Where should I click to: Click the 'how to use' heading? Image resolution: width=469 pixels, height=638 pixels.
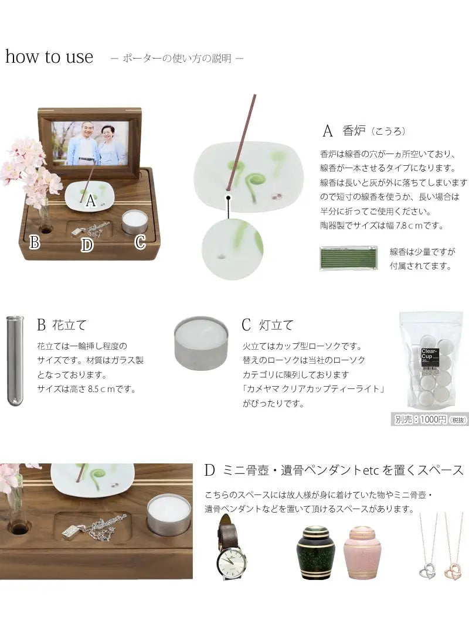click(x=49, y=57)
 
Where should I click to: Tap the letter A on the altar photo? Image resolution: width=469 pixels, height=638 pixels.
click(x=90, y=200)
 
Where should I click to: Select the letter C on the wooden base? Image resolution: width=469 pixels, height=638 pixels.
click(x=140, y=242)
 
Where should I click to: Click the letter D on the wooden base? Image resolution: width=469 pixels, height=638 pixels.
click(x=87, y=245)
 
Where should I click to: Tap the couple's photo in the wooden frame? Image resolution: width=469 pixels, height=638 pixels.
click(x=90, y=143)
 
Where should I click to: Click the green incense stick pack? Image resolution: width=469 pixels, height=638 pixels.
click(x=348, y=258)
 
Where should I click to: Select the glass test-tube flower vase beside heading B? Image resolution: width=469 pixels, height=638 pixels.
click(x=15, y=361)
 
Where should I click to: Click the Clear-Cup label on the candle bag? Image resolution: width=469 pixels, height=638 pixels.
click(x=429, y=355)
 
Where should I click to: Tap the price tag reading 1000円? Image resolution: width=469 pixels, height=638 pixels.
click(x=430, y=419)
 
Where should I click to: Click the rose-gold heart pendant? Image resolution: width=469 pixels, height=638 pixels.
click(x=453, y=571)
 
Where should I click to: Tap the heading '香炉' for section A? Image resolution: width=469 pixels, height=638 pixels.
click(x=354, y=131)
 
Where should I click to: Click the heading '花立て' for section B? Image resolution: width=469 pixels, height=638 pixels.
click(x=69, y=325)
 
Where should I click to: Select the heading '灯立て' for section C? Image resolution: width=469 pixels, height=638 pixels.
click(x=276, y=325)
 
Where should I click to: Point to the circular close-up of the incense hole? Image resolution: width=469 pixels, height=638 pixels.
click(x=233, y=249)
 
